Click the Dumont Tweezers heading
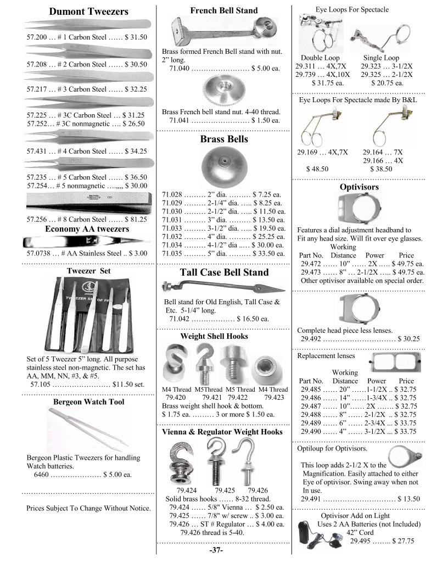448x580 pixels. coord(88,12)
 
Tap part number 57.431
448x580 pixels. coord(36,150)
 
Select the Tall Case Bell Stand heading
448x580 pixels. coord(224,272)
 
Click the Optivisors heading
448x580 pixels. coord(359,187)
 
